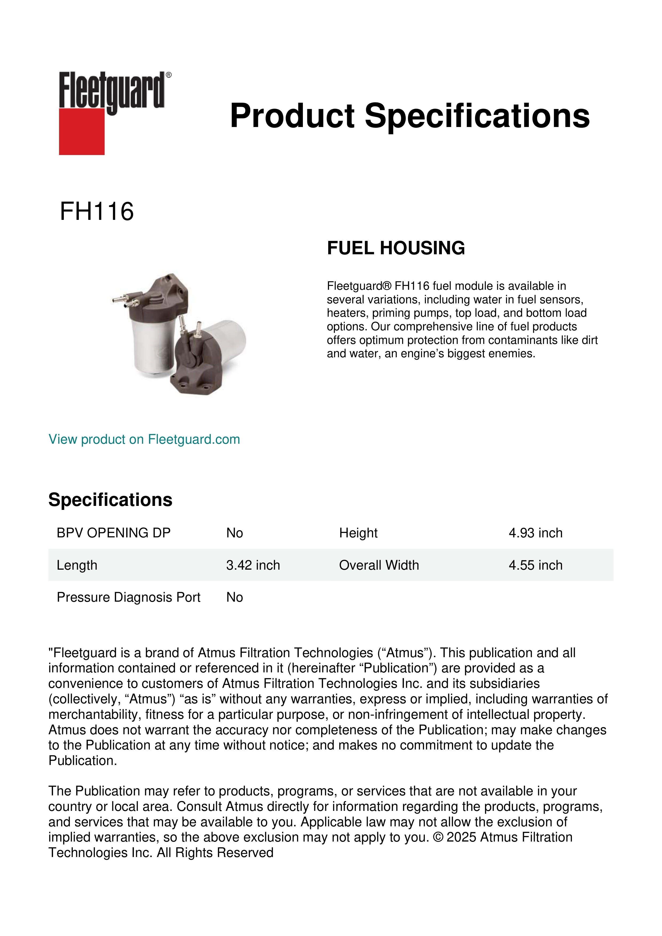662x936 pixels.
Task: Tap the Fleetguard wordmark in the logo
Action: (x=112, y=90)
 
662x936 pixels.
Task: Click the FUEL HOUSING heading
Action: (x=396, y=248)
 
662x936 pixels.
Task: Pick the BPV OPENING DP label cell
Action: (x=114, y=533)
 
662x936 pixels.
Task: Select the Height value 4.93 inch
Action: (x=535, y=533)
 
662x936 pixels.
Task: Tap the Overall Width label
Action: (x=379, y=565)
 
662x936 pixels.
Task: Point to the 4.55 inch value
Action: (x=535, y=565)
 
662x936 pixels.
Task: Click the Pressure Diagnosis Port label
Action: (x=128, y=597)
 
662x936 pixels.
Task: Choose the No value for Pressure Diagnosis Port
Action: (x=234, y=597)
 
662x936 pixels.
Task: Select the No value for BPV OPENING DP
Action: (x=234, y=533)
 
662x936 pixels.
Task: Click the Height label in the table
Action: (x=358, y=533)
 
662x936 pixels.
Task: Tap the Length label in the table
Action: (x=77, y=565)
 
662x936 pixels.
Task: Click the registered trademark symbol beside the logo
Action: (x=169, y=75)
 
